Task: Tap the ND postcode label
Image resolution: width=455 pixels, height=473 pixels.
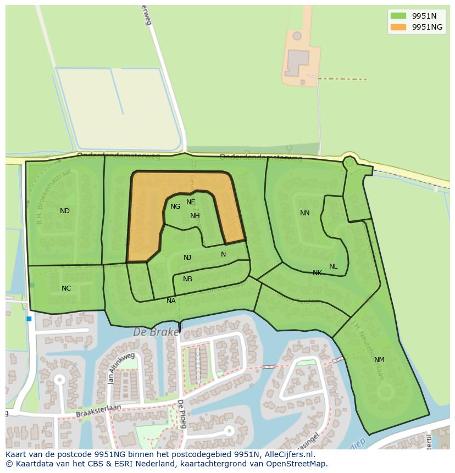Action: [x=65, y=210]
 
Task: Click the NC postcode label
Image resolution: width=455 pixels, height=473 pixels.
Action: [x=66, y=288]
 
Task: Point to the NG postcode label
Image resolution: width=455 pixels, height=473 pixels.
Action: [x=175, y=207]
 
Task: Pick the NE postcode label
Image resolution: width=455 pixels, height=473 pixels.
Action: [x=191, y=202]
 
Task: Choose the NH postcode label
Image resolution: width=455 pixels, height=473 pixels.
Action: [x=195, y=216]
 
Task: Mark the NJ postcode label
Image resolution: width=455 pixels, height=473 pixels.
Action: [x=187, y=258]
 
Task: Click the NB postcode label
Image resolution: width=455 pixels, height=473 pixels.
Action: [x=187, y=279]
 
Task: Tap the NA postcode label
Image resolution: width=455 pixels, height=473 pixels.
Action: [x=171, y=301]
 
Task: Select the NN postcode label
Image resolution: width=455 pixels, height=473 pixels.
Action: [x=304, y=213]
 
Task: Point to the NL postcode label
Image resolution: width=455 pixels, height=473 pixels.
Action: [x=333, y=266]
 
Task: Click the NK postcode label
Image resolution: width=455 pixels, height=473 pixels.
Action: [x=317, y=272]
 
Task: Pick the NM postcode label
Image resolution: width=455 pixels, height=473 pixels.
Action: [x=379, y=360]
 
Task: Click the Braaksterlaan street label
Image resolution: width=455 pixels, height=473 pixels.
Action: [x=83, y=410]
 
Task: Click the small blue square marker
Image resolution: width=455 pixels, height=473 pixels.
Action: [x=29, y=319]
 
